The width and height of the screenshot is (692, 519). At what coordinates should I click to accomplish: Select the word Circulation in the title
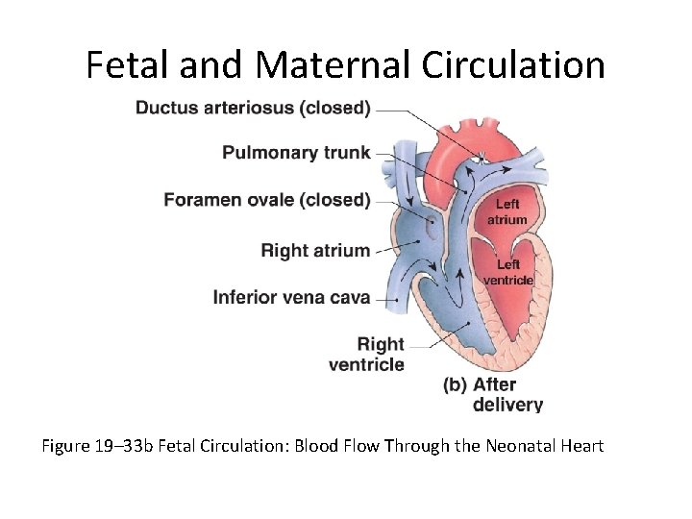(x=515, y=65)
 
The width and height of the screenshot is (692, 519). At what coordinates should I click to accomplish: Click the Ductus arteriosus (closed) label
(x=252, y=108)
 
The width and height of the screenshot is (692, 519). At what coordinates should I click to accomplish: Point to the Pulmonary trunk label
(x=296, y=152)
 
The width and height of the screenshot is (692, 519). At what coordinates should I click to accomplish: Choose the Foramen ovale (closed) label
(x=266, y=200)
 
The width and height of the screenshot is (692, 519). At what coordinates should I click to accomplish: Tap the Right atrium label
(x=315, y=251)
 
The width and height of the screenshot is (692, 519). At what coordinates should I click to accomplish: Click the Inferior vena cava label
(x=291, y=297)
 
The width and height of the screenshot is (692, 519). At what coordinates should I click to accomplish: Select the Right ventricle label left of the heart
(x=368, y=354)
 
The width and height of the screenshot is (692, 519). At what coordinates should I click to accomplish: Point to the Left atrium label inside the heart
(x=507, y=211)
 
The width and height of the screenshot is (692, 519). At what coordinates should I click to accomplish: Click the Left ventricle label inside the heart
(x=508, y=272)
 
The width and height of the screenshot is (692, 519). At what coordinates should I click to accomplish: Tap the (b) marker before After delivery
(x=455, y=385)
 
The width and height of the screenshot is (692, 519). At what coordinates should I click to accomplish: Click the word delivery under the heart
(x=507, y=405)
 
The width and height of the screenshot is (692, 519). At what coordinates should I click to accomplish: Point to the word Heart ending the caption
(x=581, y=446)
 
